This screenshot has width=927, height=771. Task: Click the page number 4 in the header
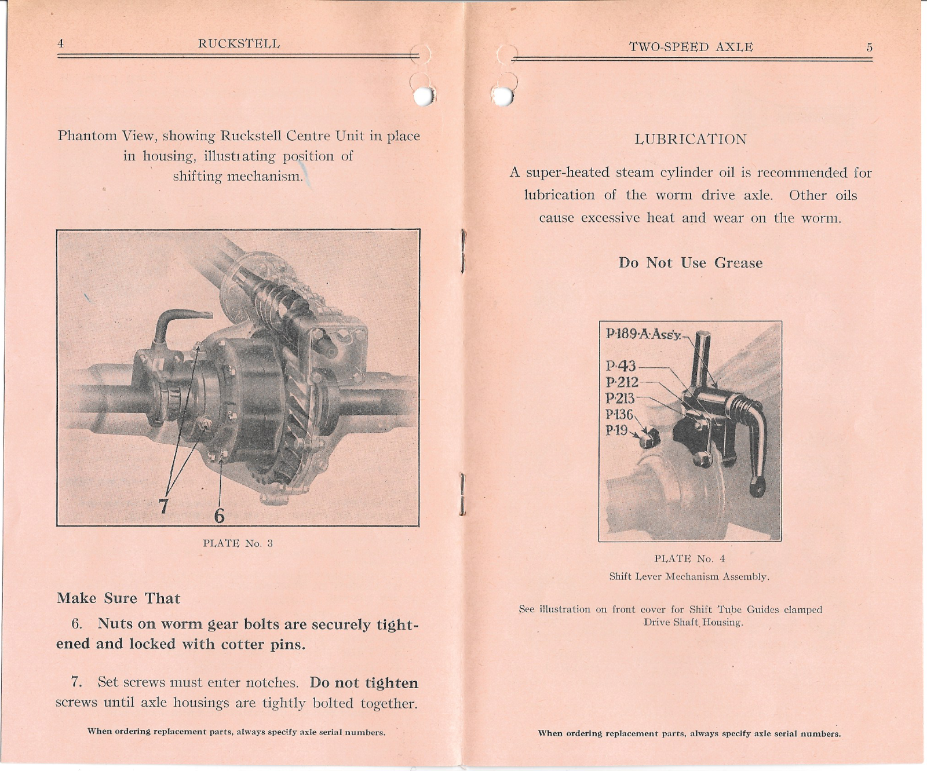[61, 44]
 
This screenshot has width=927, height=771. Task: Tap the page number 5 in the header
[869, 47]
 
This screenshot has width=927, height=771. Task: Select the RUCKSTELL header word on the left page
[239, 44]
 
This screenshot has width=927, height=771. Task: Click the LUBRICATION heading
[690, 140]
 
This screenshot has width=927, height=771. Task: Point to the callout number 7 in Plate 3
[164, 506]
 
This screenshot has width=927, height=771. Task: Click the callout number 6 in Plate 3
[219, 516]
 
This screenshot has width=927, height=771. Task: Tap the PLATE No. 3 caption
[238, 543]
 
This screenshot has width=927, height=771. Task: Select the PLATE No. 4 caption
[689, 559]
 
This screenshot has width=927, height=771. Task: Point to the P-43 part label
[621, 366]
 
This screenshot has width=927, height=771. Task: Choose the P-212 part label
[622, 382]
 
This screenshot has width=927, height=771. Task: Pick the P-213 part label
[621, 399]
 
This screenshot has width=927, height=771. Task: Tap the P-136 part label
[619, 415]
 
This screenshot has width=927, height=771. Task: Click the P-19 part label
[616, 430]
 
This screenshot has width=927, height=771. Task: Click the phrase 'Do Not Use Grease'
[690, 263]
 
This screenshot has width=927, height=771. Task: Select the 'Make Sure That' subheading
[118, 598]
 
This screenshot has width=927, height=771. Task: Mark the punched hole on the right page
[503, 96]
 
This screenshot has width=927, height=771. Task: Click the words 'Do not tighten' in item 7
[364, 683]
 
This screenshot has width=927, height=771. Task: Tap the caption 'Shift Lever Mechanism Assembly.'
[689, 577]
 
